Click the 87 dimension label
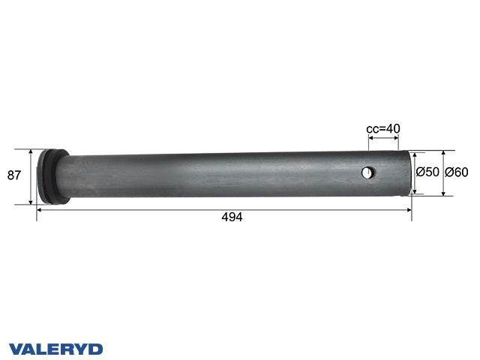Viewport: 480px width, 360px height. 13,175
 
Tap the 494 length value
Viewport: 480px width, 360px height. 232,217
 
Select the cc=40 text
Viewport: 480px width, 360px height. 382,128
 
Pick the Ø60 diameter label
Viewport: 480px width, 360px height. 456,172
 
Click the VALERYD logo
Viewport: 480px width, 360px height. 55,349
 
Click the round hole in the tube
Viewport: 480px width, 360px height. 367,173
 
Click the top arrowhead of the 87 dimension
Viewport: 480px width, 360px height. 31,151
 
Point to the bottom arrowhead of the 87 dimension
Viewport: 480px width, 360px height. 31,201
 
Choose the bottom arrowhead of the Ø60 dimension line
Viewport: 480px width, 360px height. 443,193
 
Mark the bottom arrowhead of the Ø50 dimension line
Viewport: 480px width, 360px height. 415,190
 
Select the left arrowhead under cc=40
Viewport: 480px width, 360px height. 369,137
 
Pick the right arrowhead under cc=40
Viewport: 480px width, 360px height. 396,137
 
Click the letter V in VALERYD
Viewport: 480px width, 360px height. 16,349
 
